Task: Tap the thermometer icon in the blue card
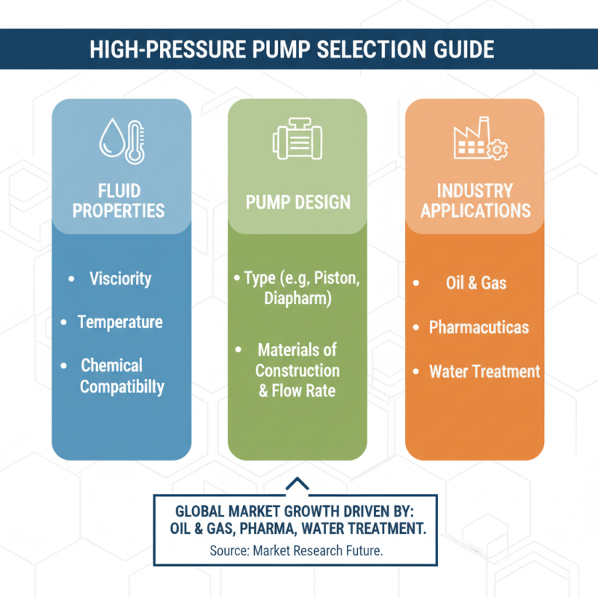click(x=135, y=142)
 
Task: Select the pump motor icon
click(x=297, y=140)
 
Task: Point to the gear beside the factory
click(x=496, y=149)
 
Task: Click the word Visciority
click(x=120, y=279)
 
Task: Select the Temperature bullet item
click(x=120, y=322)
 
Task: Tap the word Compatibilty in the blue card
click(x=122, y=386)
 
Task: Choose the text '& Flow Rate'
click(x=297, y=390)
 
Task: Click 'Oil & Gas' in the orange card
click(x=476, y=283)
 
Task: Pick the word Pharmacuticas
click(x=478, y=327)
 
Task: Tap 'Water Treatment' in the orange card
click(x=484, y=371)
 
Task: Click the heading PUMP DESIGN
click(x=298, y=203)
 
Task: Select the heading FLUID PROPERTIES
click(x=119, y=200)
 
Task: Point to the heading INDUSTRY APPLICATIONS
click(x=475, y=200)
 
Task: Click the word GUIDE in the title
click(x=460, y=49)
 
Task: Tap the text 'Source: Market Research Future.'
click(x=296, y=552)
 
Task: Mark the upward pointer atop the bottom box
click(x=297, y=484)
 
